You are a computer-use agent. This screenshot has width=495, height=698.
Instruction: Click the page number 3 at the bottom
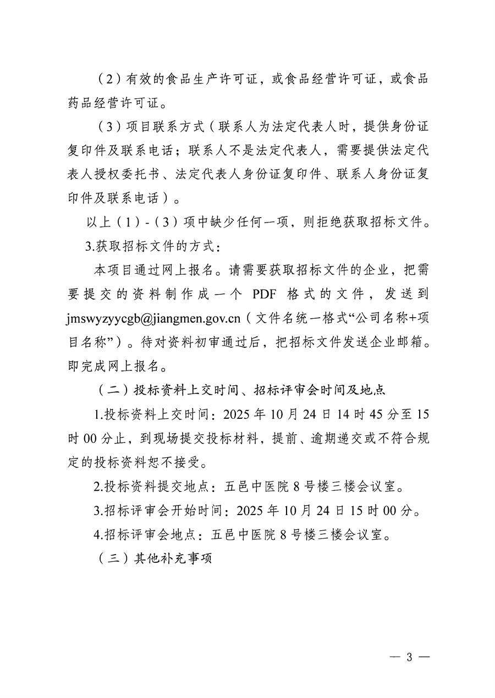point(409,658)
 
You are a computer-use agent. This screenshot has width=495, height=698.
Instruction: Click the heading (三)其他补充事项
point(154,559)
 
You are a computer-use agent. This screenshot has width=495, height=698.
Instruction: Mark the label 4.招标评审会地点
point(148,535)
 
